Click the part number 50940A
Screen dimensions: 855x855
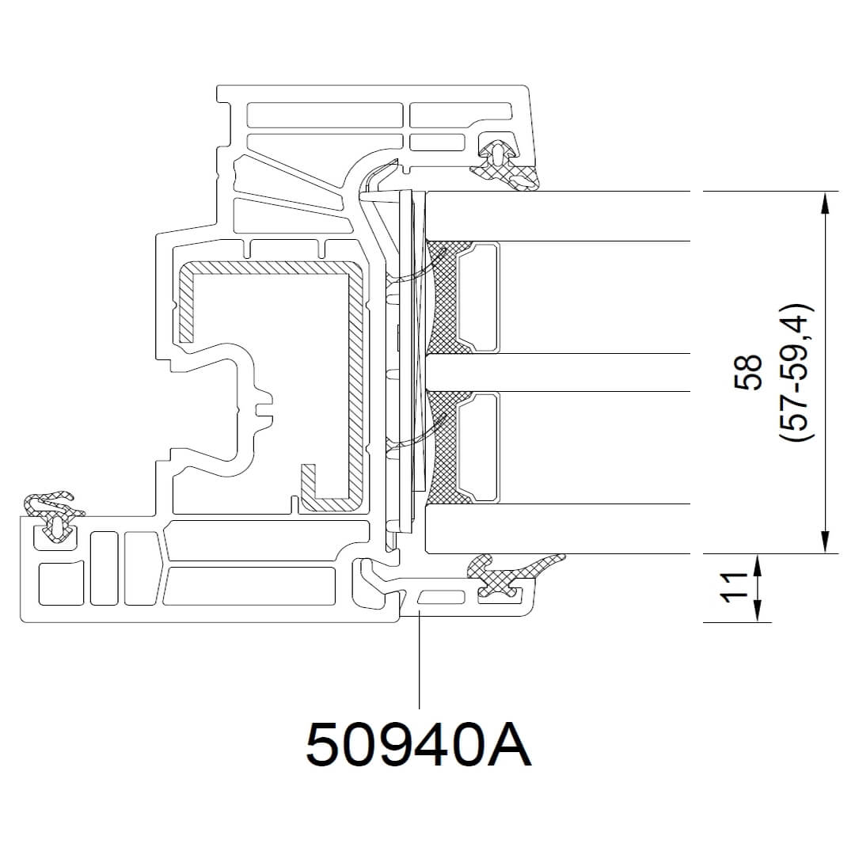click(418, 744)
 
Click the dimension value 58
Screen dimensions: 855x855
click(748, 372)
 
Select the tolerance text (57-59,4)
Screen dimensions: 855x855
click(796, 372)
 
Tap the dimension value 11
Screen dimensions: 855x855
click(734, 587)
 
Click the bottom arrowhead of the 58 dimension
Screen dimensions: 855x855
click(825, 542)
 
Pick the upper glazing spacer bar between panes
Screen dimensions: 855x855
click(478, 297)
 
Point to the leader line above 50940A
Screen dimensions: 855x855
click(419, 660)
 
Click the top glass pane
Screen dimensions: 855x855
click(557, 216)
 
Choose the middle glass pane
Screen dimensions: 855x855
click(557, 372)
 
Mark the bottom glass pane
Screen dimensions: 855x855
click(557, 528)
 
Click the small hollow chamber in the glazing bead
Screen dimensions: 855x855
click(442, 597)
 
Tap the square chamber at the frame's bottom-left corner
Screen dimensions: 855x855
click(61, 583)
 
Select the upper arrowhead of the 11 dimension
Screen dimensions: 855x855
click(758, 565)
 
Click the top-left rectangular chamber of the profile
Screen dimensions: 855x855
click(325, 115)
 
